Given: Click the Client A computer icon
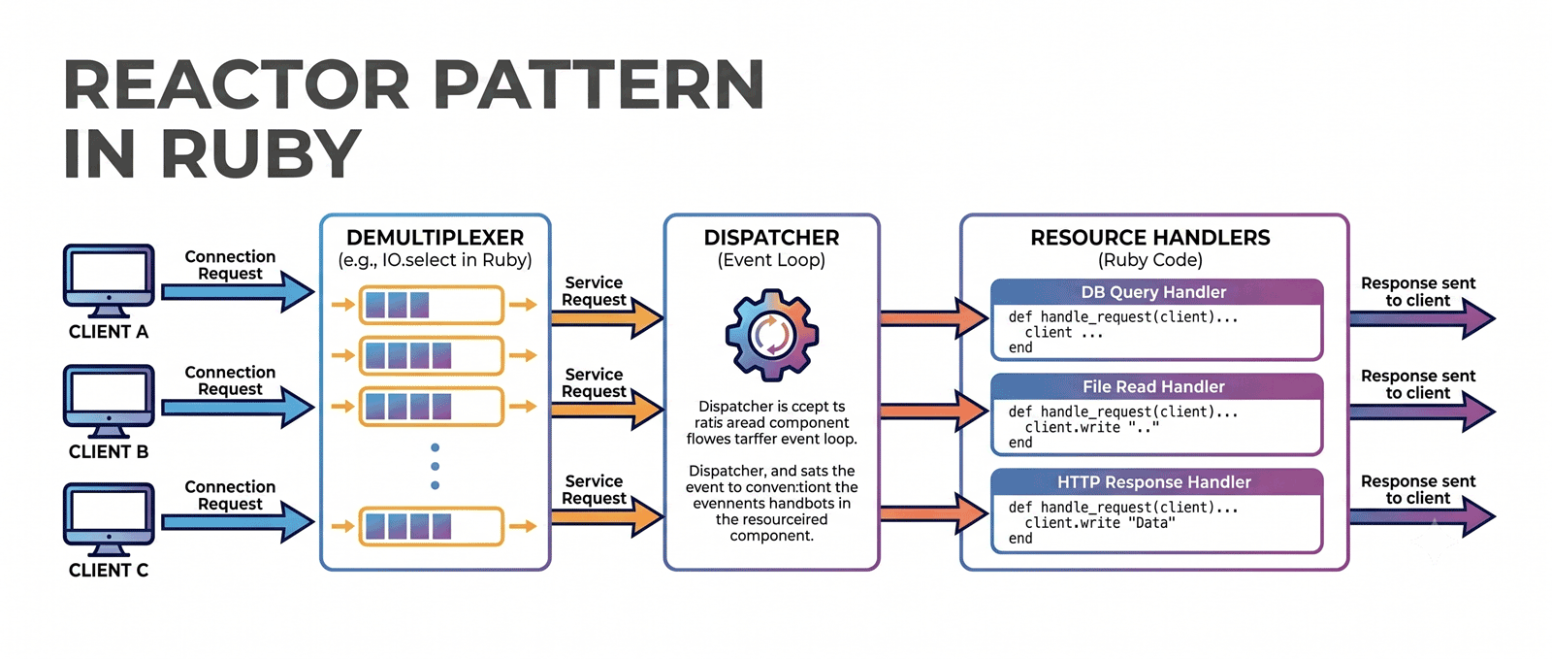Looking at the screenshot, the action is point(109,280).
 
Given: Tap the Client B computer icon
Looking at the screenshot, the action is point(109,401).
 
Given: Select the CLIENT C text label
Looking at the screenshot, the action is point(109,571).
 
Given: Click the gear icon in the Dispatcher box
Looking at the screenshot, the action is point(772,336).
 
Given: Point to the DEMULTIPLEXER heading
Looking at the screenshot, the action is point(436,238).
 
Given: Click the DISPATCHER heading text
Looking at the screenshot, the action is point(771,238).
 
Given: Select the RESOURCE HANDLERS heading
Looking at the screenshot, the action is point(1150,238).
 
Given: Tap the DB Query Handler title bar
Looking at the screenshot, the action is point(1156,292).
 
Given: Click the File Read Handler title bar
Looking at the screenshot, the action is point(1156,386).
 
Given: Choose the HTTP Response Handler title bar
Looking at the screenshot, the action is point(1156,481).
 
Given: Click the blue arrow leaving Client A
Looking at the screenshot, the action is point(238,292).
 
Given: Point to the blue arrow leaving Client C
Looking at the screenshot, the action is point(238,522).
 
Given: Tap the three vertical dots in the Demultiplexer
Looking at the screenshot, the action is point(436,467).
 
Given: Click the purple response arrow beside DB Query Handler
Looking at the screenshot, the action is point(1422,318).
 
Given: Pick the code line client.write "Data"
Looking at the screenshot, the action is point(1100,523).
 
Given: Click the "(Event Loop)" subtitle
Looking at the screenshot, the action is point(771,260).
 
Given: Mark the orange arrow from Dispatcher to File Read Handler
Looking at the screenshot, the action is point(934,411).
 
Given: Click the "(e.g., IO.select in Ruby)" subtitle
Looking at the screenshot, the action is point(436,260).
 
